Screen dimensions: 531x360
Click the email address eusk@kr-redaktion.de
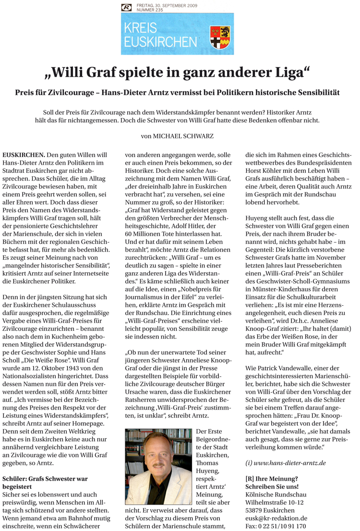tap(276, 518)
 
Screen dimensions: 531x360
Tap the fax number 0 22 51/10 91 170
tap(275, 526)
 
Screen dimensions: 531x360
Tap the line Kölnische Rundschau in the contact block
tap(275, 494)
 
